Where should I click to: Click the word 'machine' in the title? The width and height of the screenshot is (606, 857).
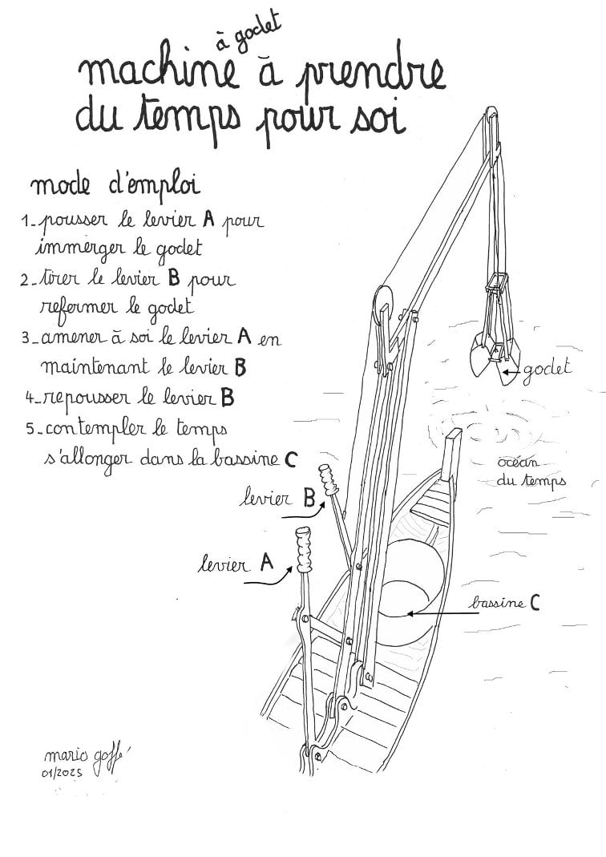click(x=159, y=71)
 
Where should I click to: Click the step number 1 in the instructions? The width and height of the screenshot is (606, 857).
click(x=25, y=220)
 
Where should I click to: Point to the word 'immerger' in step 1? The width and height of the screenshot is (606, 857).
click(x=83, y=249)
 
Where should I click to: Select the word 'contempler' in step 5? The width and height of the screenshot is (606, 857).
click(x=95, y=428)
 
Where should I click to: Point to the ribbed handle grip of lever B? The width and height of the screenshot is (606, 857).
click(x=329, y=479)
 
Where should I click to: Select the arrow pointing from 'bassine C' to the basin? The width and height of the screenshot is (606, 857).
click(x=442, y=613)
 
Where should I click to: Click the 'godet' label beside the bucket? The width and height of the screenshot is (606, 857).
click(x=547, y=369)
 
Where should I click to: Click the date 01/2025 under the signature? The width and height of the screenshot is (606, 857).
click(x=61, y=773)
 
